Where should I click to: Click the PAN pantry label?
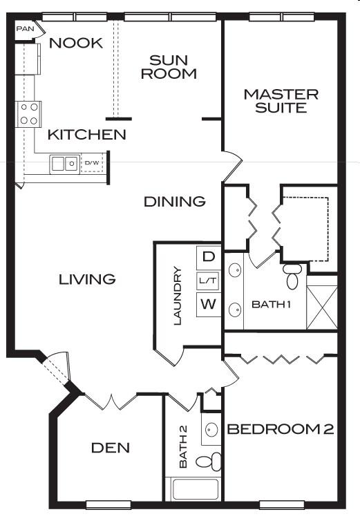pyautogui.click(x=25, y=30)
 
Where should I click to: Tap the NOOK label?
pyautogui.click(x=76, y=44)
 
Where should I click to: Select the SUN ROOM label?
pyautogui.click(x=169, y=66)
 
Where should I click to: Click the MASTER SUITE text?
pyautogui.click(x=281, y=101)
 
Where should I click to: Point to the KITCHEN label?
pyautogui.click(x=87, y=135)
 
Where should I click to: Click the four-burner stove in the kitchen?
pyautogui.click(x=30, y=113)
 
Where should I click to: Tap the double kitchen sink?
pyautogui.click(x=64, y=164)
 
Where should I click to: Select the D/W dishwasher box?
pyautogui.click(x=92, y=164)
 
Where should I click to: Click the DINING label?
pyautogui.click(x=175, y=202)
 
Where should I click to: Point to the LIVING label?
pyautogui.click(x=86, y=279)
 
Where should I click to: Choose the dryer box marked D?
pyautogui.click(x=208, y=256)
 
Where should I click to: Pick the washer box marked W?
pyautogui.click(x=208, y=303)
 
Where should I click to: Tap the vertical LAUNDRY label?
pyautogui.click(x=178, y=296)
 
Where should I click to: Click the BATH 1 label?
pyautogui.click(x=271, y=304)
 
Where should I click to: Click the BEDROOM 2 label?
pyautogui.click(x=280, y=429)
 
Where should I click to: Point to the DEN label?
pyautogui.click(x=111, y=448)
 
